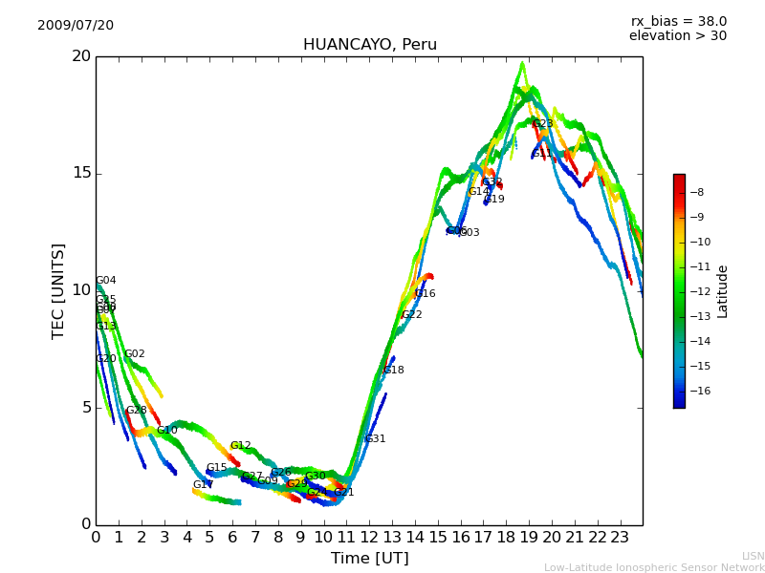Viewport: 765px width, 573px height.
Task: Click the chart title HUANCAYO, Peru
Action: click(369, 45)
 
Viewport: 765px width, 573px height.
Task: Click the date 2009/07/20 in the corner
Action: click(76, 26)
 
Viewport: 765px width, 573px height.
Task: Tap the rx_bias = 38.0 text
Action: click(678, 22)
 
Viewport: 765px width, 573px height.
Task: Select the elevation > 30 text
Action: click(677, 36)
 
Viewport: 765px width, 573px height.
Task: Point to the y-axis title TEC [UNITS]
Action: click(58, 290)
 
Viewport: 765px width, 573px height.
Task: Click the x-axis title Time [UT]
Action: click(369, 558)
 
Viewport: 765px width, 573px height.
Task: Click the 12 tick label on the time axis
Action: click(369, 537)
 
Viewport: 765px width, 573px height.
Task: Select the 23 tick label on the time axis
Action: click(620, 537)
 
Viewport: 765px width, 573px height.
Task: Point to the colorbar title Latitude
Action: click(723, 291)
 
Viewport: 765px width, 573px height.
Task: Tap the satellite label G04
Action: click(105, 281)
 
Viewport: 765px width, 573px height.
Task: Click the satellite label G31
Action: click(375, 439)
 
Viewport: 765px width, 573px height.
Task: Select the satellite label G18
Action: click(393, 371)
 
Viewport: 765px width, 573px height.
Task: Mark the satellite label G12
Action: click(240, 446)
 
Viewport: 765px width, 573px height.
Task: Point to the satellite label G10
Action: click(167, 431)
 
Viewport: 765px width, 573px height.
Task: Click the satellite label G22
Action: click(411, 315)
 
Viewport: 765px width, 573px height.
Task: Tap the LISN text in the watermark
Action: click(753, 556)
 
